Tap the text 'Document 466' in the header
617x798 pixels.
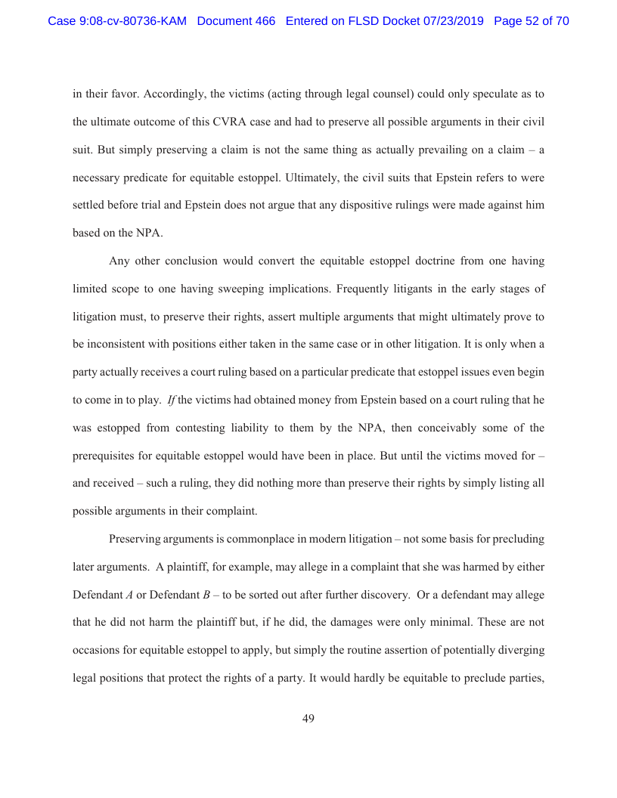pyautogui.click(x=236, y=21)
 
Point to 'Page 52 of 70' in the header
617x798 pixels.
pyautogui.click(x=531, y=21)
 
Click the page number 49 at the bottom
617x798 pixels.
pyautogui.click(x=308, y=719)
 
